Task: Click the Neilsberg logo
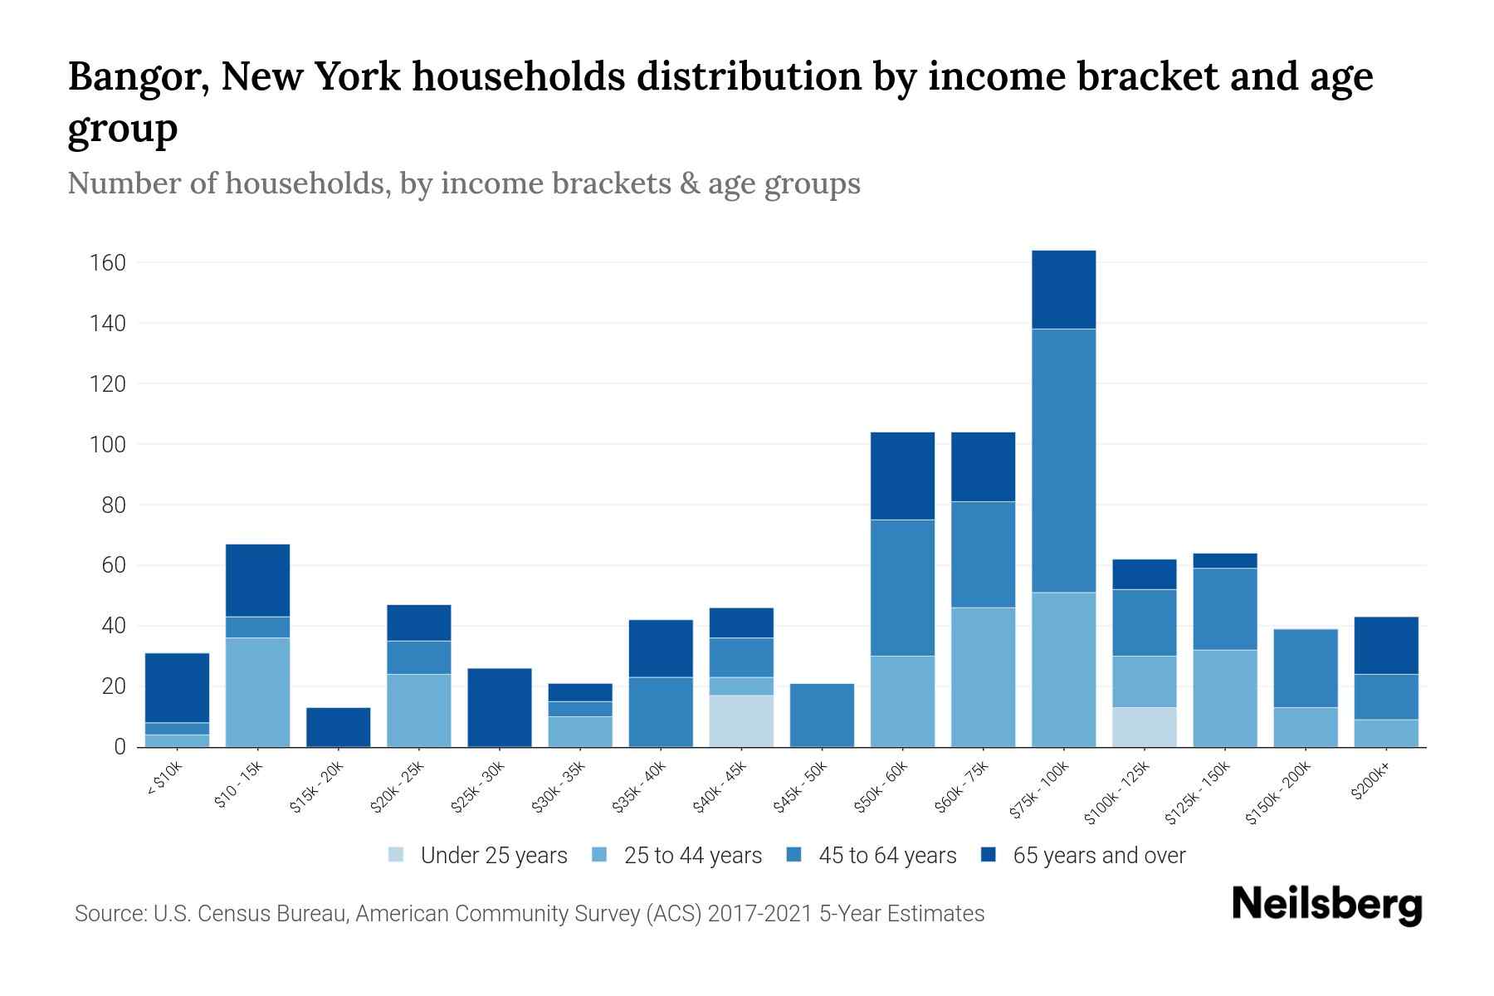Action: tap(1326, 905)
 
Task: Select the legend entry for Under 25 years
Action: tap(478, 856)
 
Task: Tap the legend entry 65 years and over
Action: tap(1083, 856)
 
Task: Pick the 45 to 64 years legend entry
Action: tap(872, 856)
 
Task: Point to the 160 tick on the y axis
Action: tap(107, 263)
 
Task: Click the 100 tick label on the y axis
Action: tap(107, 445)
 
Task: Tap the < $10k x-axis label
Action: tap(164, 779)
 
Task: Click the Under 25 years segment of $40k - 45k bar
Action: tap(741, 720)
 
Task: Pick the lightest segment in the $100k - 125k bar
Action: tap(1145, 727)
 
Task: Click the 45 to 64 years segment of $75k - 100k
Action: tap(1063, 461)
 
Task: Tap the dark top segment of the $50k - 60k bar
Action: tap(902, 476)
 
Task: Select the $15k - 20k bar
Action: tap(338, 727)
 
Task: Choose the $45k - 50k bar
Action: tap(822, 715)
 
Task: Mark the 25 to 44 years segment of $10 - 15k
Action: tap(257, 692)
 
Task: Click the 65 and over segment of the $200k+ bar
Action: tap(1386, 645)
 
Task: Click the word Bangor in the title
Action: tap(135, 77)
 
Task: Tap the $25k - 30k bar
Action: tap(500, 707)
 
